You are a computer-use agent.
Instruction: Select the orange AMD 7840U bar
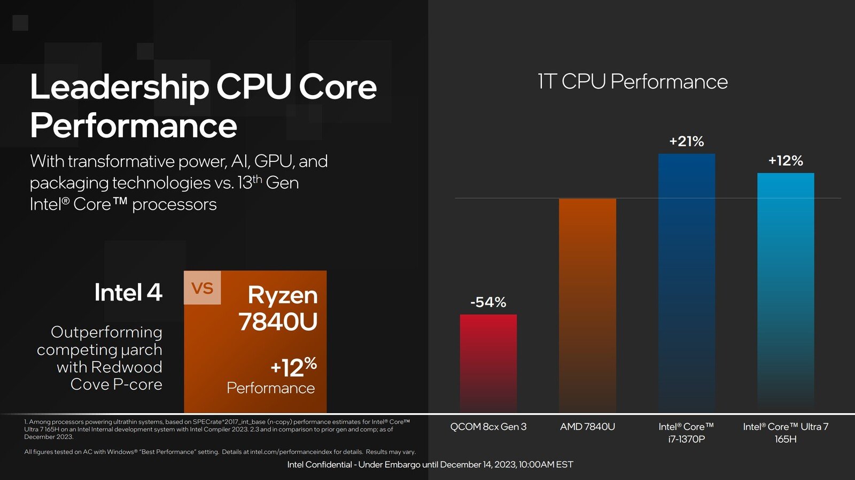(x=587, y=305)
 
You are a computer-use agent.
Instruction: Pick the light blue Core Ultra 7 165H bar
(x=786, y=292)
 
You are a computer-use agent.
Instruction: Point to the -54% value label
(x=488, y=302)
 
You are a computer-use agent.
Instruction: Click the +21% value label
(x=686, y=142)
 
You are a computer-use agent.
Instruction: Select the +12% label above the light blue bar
(x=786, y=161)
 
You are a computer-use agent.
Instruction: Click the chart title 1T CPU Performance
(x=632, y=82)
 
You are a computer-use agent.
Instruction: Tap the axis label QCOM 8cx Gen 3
(x=488, y=427)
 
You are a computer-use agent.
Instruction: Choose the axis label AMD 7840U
(x=587, y=427)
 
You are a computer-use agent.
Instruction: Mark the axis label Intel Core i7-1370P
(x=686, y=432)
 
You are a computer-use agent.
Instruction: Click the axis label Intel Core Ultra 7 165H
(x=786, y=432)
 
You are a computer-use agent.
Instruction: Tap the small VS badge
(x=202, y=288)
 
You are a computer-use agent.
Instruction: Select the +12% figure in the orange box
(x=293, y=367)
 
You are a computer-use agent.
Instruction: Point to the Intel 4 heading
(x=128, y=292)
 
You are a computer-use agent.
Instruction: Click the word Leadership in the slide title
(x=119, y=87)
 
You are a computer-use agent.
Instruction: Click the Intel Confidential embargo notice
(x=430, y=464)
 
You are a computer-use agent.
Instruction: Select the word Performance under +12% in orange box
(x=270, y=388)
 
